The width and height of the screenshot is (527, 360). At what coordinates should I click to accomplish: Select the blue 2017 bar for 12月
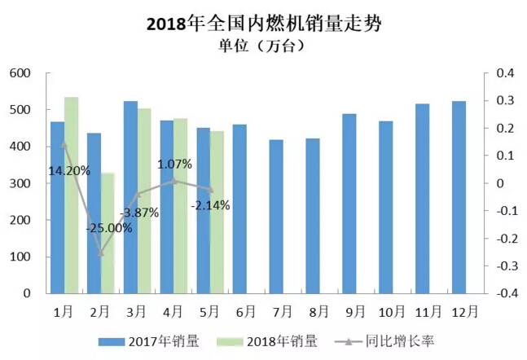click(459, 197)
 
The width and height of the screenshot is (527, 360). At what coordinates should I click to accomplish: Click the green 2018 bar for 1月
click(71, 195)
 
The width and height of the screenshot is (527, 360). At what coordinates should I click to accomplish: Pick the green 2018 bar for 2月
click(108, 233)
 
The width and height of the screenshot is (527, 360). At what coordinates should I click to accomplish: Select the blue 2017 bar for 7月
click(276, 217)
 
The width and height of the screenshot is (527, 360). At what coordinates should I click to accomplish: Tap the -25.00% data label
click(108, 228)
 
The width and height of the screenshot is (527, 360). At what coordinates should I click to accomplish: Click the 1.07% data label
click(175, 164)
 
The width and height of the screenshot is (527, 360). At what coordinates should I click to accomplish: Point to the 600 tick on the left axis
click(20, 73)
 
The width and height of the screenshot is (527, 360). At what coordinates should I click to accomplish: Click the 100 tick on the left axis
click(20, 257)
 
